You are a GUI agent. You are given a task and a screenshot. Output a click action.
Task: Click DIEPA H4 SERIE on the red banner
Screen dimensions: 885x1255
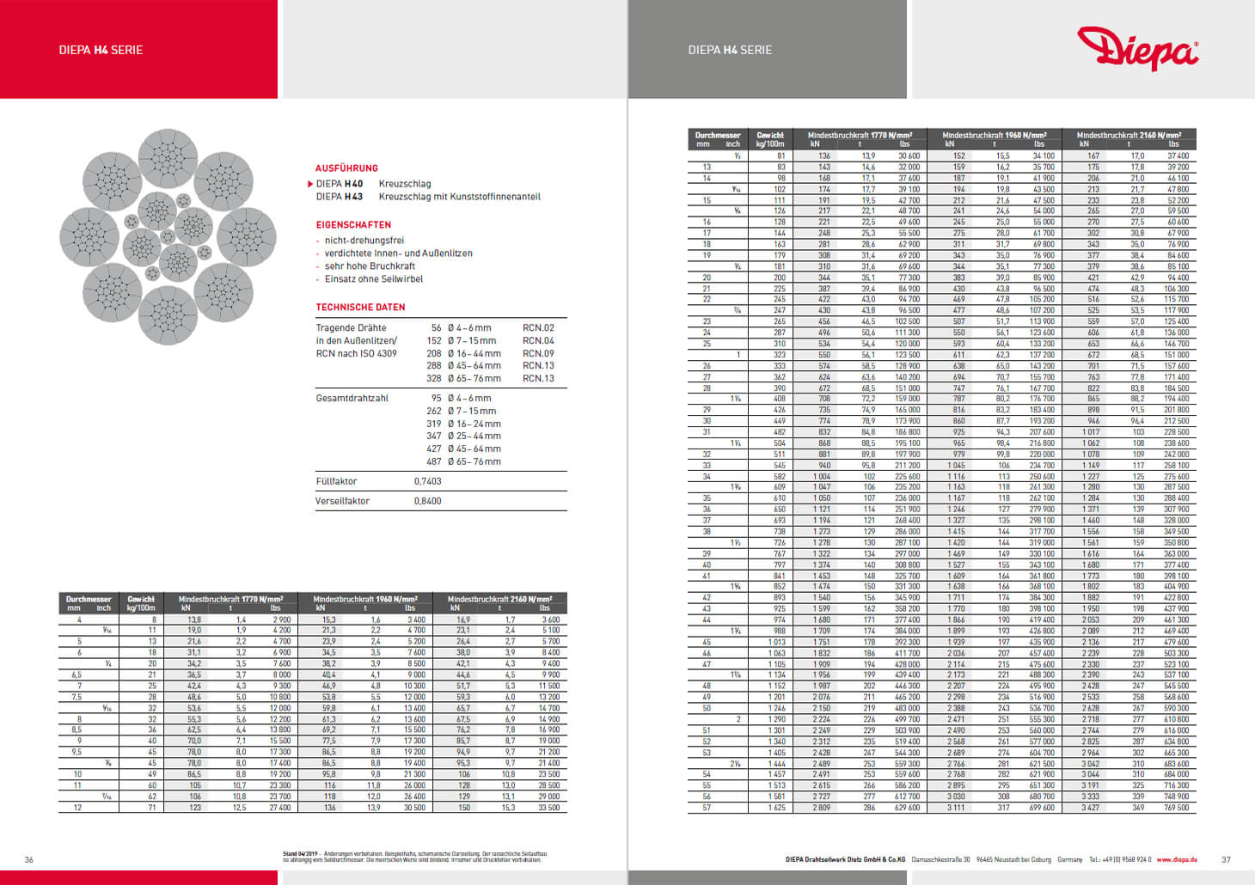[101, 50]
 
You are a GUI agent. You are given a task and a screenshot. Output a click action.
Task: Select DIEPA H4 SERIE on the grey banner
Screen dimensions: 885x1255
[730, 50]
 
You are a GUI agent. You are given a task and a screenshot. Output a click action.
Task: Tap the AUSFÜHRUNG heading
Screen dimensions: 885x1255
[346, 168]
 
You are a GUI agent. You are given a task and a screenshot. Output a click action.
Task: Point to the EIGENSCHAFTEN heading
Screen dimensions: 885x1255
[353, 225]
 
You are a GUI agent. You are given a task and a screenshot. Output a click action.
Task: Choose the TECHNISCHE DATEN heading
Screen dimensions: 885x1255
[360, 307]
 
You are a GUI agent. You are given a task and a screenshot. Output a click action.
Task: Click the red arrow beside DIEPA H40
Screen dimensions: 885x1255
[310, 184]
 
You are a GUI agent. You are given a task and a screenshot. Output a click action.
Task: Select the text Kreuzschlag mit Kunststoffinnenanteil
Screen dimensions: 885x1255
[459, 197]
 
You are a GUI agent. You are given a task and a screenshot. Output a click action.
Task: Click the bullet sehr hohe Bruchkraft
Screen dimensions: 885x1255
[370, 266]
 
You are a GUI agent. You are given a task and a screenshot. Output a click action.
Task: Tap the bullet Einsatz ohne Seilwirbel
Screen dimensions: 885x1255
[374, 279]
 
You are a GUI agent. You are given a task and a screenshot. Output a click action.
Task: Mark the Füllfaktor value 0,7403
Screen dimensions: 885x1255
[427, 481]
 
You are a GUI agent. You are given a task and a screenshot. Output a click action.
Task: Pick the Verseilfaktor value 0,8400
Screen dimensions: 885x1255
[427, 501]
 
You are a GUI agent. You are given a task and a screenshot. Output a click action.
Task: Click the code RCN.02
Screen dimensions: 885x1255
[538, 328]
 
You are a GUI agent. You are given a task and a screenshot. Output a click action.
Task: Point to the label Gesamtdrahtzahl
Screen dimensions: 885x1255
[352, 399]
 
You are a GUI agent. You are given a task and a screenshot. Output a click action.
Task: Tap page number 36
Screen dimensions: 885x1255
[28, 859]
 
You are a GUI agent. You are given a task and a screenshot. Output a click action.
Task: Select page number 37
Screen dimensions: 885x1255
[1226, 859]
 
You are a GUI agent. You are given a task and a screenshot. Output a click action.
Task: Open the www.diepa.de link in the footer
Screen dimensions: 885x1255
[1177, 859]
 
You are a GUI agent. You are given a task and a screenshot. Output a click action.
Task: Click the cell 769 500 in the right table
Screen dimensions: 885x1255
[1176, 808]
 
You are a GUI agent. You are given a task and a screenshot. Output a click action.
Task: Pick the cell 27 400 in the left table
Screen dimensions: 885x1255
[279, 808]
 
